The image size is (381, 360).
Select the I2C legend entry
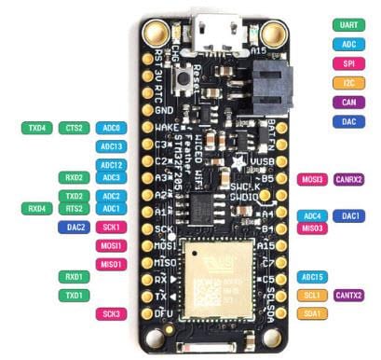(x=349, y=83)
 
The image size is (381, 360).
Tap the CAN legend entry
(x=349, y=102)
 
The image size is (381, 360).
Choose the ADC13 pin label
(x=111, y=146)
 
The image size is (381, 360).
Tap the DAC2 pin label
(x=76, y=227)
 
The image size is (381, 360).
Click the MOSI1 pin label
(x=111, y=245)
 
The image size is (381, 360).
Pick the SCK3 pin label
(x=111, y=313)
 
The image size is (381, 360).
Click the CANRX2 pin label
(x=349, y=179)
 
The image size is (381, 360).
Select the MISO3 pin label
(x=312, y=228)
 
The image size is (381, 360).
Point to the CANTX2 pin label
(x=349, y=296)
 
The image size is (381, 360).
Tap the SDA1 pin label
(x=312, y=313)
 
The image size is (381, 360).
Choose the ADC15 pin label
(x=312, y=277)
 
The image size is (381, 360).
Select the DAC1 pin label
(x=349, y=215)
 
